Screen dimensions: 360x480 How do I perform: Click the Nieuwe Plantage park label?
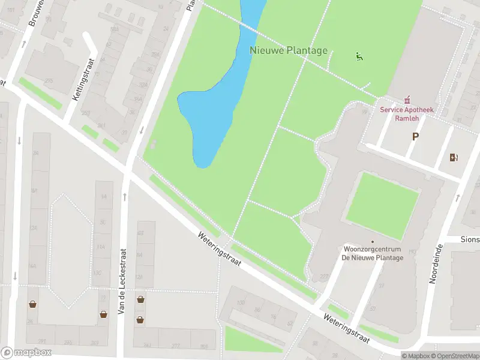(289, 50)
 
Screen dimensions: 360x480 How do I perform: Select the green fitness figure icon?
(359, 57)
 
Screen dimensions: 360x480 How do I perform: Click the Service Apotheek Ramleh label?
(406, 114)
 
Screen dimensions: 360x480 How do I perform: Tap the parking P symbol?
(415, 137)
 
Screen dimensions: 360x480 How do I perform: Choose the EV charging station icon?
(454, 158)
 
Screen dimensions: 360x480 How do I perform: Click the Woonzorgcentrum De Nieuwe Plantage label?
(372, 253)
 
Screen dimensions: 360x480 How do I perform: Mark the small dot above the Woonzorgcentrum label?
(372, 242)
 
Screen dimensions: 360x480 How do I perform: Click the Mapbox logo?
(26, 353)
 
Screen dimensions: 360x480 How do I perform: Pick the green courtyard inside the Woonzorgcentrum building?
(382, 198)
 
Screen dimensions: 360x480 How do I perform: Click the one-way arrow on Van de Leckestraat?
(125, 196)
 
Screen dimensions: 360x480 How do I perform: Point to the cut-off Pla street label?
(191, 5)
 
